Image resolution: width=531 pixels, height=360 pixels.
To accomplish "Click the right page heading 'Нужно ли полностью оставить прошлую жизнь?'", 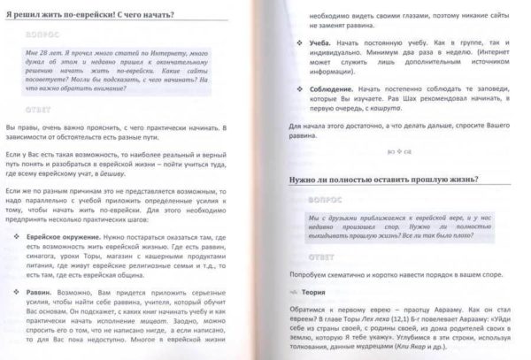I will [390, 180].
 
